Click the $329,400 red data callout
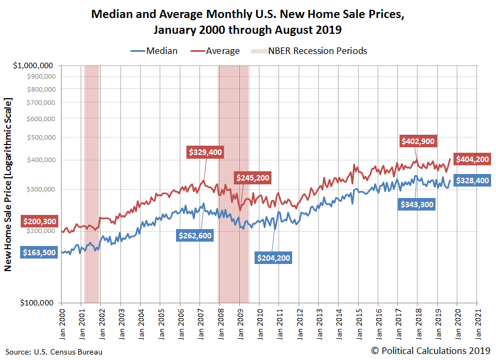pos(205,152)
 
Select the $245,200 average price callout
pos(252,178)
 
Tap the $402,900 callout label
pos(418,141)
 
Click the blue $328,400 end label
pos(471,181)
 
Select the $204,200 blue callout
pos(274,257)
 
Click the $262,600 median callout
pos(195,235)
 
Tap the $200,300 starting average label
pos(39,221)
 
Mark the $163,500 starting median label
pos(39,253)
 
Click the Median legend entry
pos(154,51)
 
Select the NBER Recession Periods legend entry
pos(309,51)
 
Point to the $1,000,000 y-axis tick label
pos(34,65)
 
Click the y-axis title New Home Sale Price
pos(8,184)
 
